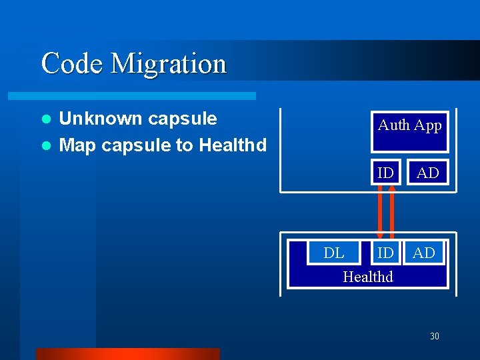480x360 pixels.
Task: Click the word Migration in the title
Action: click(169, 65)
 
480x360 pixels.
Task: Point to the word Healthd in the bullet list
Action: click(233, 145)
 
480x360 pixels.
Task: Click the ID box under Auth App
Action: click(385, 173)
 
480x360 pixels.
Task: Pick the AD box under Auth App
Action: click(427, 173)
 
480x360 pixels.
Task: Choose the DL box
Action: click(334, 253)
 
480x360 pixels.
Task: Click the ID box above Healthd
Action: click(385, 253)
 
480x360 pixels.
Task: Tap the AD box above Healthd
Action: click(424, 253)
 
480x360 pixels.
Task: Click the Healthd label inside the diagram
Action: click(368, 276)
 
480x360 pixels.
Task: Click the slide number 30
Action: click(435, 336)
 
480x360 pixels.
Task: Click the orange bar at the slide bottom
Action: click(127, 353)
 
